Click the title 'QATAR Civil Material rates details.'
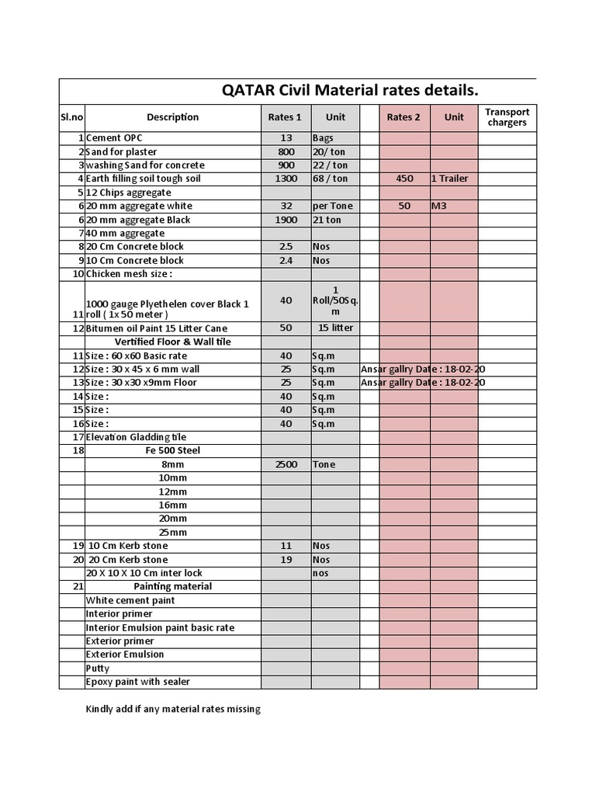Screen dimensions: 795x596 point(350,90)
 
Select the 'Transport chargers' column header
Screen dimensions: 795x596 point(507,117)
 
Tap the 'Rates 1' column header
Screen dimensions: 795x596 point(286,117)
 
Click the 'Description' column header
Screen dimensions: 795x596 point(172,117)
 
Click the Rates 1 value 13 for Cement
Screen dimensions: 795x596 point(286,138)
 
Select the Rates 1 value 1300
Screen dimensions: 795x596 point(286,179)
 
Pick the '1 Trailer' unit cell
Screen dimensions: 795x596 point(450,179)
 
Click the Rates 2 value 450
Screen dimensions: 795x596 point(404,179)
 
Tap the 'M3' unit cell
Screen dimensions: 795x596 point(440,206)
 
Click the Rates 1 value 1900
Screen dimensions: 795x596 point(286,220)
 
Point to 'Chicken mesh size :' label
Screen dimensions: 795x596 point(129,274)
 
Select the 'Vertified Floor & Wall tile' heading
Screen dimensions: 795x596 point(172,342)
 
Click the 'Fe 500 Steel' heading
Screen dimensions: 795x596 point(172,450)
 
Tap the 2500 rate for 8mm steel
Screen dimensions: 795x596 point(286,464)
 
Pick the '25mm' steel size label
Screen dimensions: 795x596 point(172,533)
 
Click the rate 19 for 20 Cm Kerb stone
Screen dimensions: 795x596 point(286,560)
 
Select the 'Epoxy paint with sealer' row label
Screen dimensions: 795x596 point(137,682)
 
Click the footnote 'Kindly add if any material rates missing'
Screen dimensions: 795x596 point(172,709)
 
